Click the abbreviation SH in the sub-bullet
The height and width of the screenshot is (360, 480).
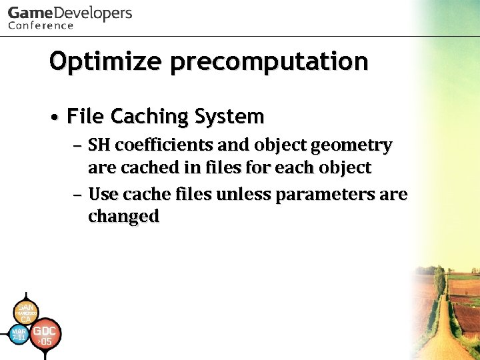[x=100, y=145]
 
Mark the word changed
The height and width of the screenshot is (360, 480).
[x=123, y=217]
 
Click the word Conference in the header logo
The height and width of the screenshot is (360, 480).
[x=41, y=26]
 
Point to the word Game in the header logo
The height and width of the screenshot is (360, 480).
[x=29, y=13]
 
